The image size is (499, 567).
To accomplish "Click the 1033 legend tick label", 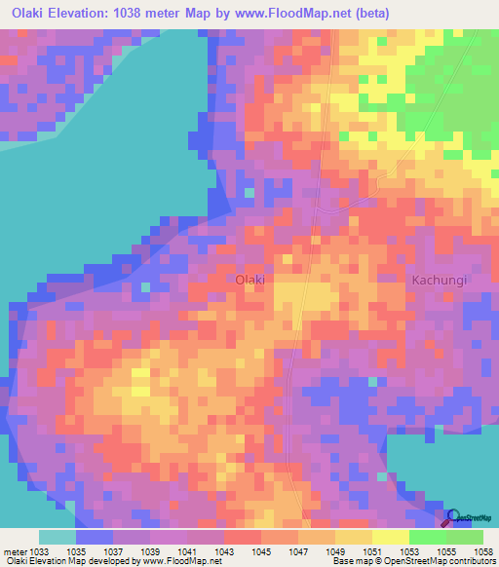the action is [37, 551].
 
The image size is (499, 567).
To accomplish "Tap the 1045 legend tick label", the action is [262, 551].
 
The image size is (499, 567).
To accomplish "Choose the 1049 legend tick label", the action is [336, 551].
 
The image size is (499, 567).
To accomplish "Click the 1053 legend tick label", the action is [410, 551].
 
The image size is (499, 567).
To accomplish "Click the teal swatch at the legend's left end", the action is [58, 537].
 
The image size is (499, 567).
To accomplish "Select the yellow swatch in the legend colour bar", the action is [391, 537].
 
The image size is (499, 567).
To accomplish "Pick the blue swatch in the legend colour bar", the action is [95, 537].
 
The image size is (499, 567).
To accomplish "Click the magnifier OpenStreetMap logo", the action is [453, 517].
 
